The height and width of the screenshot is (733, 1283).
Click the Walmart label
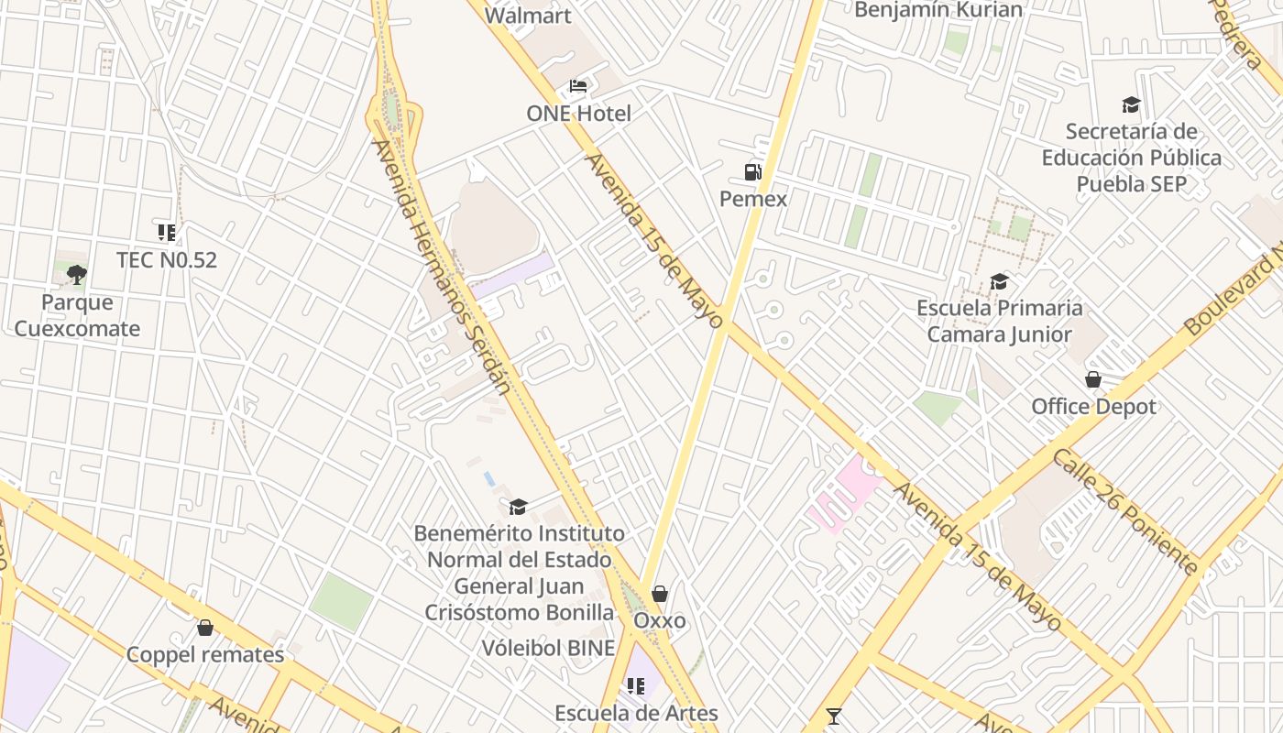(x=528, y=16)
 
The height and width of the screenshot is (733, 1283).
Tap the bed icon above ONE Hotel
(x=578, y=86)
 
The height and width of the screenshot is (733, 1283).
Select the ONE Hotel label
(x=578, y=114)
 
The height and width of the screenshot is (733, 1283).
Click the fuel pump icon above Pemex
(x=753, y=171)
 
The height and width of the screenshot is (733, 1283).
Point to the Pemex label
(x=753, y=199)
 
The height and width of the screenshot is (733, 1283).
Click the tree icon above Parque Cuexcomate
(x=77, y=274)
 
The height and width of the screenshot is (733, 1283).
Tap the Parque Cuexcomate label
(x=77, y=315)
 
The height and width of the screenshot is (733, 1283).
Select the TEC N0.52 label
(x=167, y=260)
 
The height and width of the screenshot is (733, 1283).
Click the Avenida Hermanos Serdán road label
(x=442, y=266)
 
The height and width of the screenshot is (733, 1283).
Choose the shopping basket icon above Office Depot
(x=1093, y=379)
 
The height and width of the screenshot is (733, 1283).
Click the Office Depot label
(x=1093, y=406)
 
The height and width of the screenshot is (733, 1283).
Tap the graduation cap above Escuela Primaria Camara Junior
(x=999, y=281)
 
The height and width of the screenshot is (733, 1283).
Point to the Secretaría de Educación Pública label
(x=1131, y=158)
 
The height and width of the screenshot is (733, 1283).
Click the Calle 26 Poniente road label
(x=1124, y=511)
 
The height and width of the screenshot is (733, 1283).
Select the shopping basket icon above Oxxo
(x=660, y=594)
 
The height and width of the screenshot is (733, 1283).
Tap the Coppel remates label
(x=205, y=654)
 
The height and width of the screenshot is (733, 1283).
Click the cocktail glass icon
(x=834, y=717)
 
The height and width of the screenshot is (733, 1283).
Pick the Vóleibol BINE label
(x=549, y=648)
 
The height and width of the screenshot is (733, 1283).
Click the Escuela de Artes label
(x=636, y=713)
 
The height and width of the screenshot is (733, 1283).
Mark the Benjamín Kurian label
(x=938, y=10)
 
